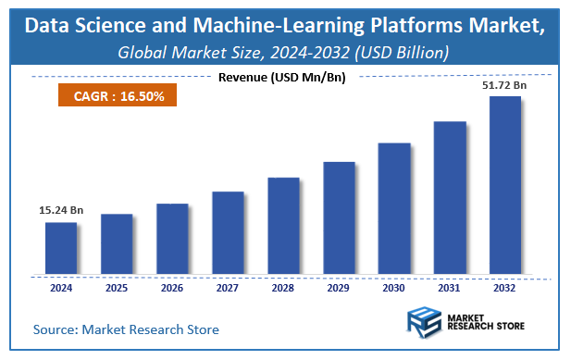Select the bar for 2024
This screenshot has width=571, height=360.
pyautogui.click(x=61, y=248)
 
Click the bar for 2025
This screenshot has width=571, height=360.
pyautogui.click(x=117, y=244)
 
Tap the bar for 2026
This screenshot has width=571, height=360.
pyautogui.click(x=172, y=239)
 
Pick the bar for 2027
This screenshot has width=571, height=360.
pyautogui.click(x=228, y=233)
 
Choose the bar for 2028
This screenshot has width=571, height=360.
pyautogui.click(x=283, y=226)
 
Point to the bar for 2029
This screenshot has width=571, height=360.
pyautogui.click(x=339, y=217)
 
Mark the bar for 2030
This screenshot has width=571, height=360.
pyautogui.click(x=394, y=208)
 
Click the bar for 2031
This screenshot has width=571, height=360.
pyautogui.click(x=450, y=198)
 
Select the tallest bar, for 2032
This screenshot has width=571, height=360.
pyautogui.click(x=505, y=185)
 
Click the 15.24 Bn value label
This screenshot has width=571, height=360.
pyautogui.click(x=60, y=212)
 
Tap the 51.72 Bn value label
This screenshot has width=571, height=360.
pyautogui.click(x=505, y=85)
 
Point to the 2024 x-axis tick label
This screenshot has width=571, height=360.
pyautogui.click(x=61, y=288)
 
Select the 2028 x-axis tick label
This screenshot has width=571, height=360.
pyautogui.click(x=283, y=288)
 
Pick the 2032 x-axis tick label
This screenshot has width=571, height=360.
pyautogui.click(x=505, y=288)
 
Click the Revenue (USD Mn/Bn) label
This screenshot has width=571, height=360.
pyautogui.click(x=281, y=77)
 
